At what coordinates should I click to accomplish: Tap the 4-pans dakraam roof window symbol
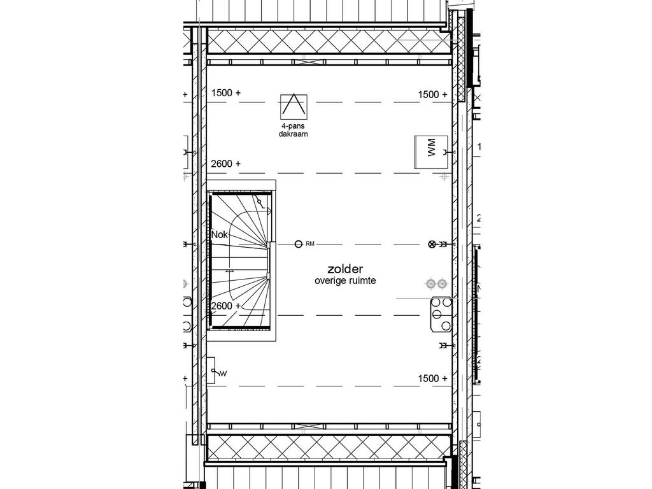tap(294, 106)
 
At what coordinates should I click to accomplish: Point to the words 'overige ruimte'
tap(346, 281)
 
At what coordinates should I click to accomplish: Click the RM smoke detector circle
tap(299, 244)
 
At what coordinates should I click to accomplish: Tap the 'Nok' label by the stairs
tap(220, 235)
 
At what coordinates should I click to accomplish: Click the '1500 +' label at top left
tap(225, 93)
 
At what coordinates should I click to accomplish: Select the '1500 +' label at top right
tap(432, 94)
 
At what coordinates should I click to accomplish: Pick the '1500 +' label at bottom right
tap(432, 378)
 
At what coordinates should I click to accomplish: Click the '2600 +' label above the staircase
tap(225, 164)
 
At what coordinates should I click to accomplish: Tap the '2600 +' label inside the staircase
tap(225, 306)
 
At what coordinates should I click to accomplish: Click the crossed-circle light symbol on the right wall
tap(432, 244)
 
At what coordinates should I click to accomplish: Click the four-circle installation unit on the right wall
tap(440, 315)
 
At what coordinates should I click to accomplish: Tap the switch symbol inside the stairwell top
tap(262, 202)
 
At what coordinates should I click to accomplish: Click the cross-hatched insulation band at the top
tap(328, 43)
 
